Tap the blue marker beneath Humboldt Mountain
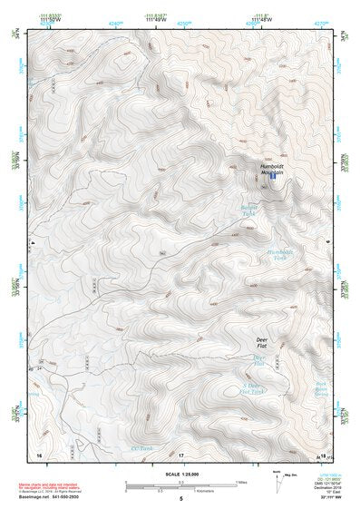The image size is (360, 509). pyautogui.click(x=272, y=179)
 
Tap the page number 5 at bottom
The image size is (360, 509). pyautogui.click(x=180, y=499)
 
